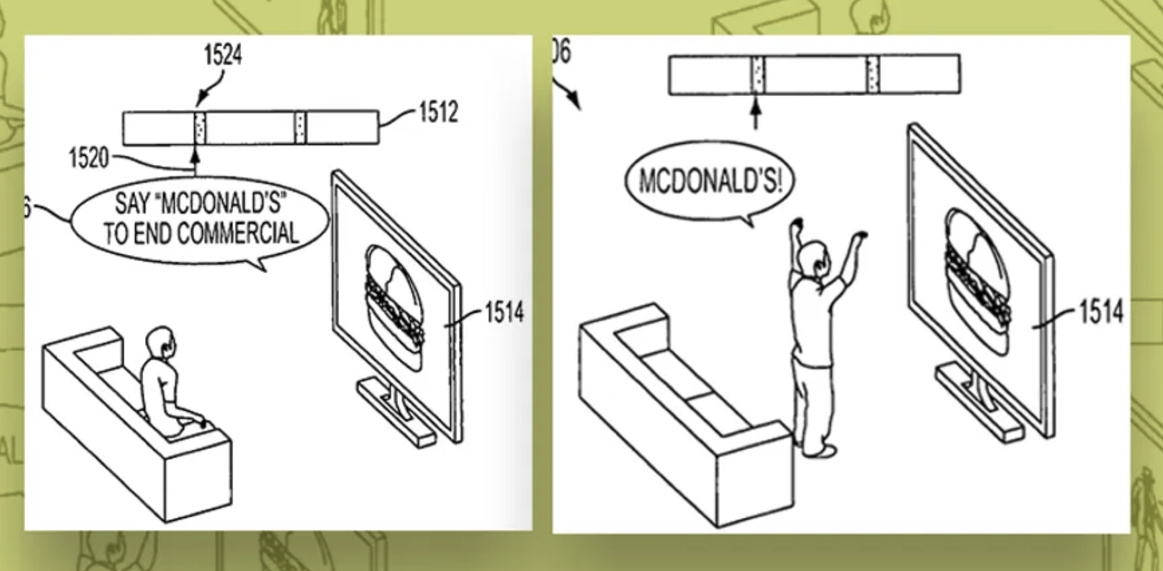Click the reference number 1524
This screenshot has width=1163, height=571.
[223, 55]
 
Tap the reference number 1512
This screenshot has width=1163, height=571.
[438, 112]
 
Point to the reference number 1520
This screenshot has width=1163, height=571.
[88, 158]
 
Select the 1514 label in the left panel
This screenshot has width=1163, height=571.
[504, 312]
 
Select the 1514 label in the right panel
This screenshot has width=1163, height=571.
[1101, 311]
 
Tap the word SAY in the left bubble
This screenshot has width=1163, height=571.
[129, 203]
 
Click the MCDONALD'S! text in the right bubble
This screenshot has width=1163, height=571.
[710, 180]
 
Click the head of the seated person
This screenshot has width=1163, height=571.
[162, 342]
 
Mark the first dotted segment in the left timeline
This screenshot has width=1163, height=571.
[199, 127]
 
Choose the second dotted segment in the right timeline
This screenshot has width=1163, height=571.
[873, 74]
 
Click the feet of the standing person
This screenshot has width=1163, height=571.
[819, 450]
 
